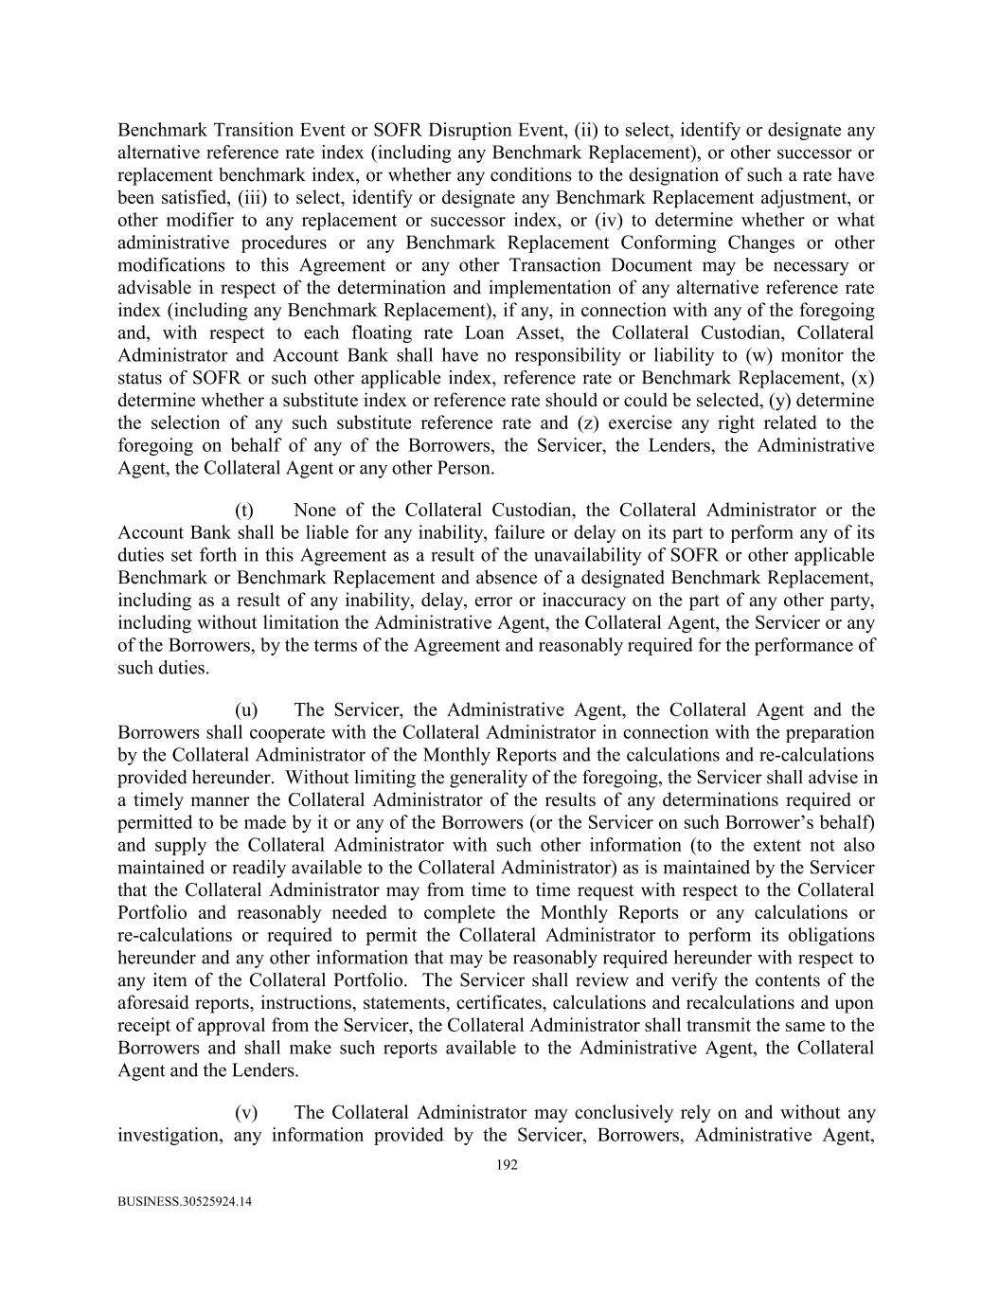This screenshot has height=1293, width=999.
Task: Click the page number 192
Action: (x=507, y=1166)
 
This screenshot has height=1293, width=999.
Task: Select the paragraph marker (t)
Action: (x=244, y=511)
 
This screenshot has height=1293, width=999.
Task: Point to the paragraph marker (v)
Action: (x=245, y=1112)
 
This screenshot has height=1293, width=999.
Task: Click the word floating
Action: (x=359, y=332)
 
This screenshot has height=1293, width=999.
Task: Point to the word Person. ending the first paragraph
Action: (x=465, y=468)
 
